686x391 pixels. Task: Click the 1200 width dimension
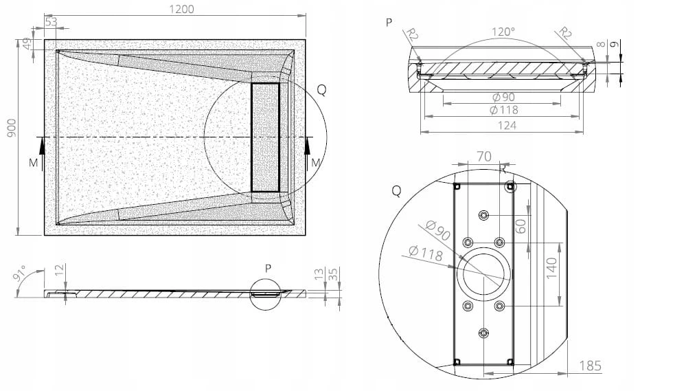point(181,9)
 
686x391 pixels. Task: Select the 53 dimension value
point(52,21)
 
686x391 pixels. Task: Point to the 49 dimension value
point(27,44)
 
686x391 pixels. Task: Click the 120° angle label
point(503,32)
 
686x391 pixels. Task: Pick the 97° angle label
point(20,274)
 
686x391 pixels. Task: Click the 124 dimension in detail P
point(507,125)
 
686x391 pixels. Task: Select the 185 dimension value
point(590,365)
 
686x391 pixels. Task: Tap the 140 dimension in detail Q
point(551,268)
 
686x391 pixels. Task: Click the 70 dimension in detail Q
point(484,156)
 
